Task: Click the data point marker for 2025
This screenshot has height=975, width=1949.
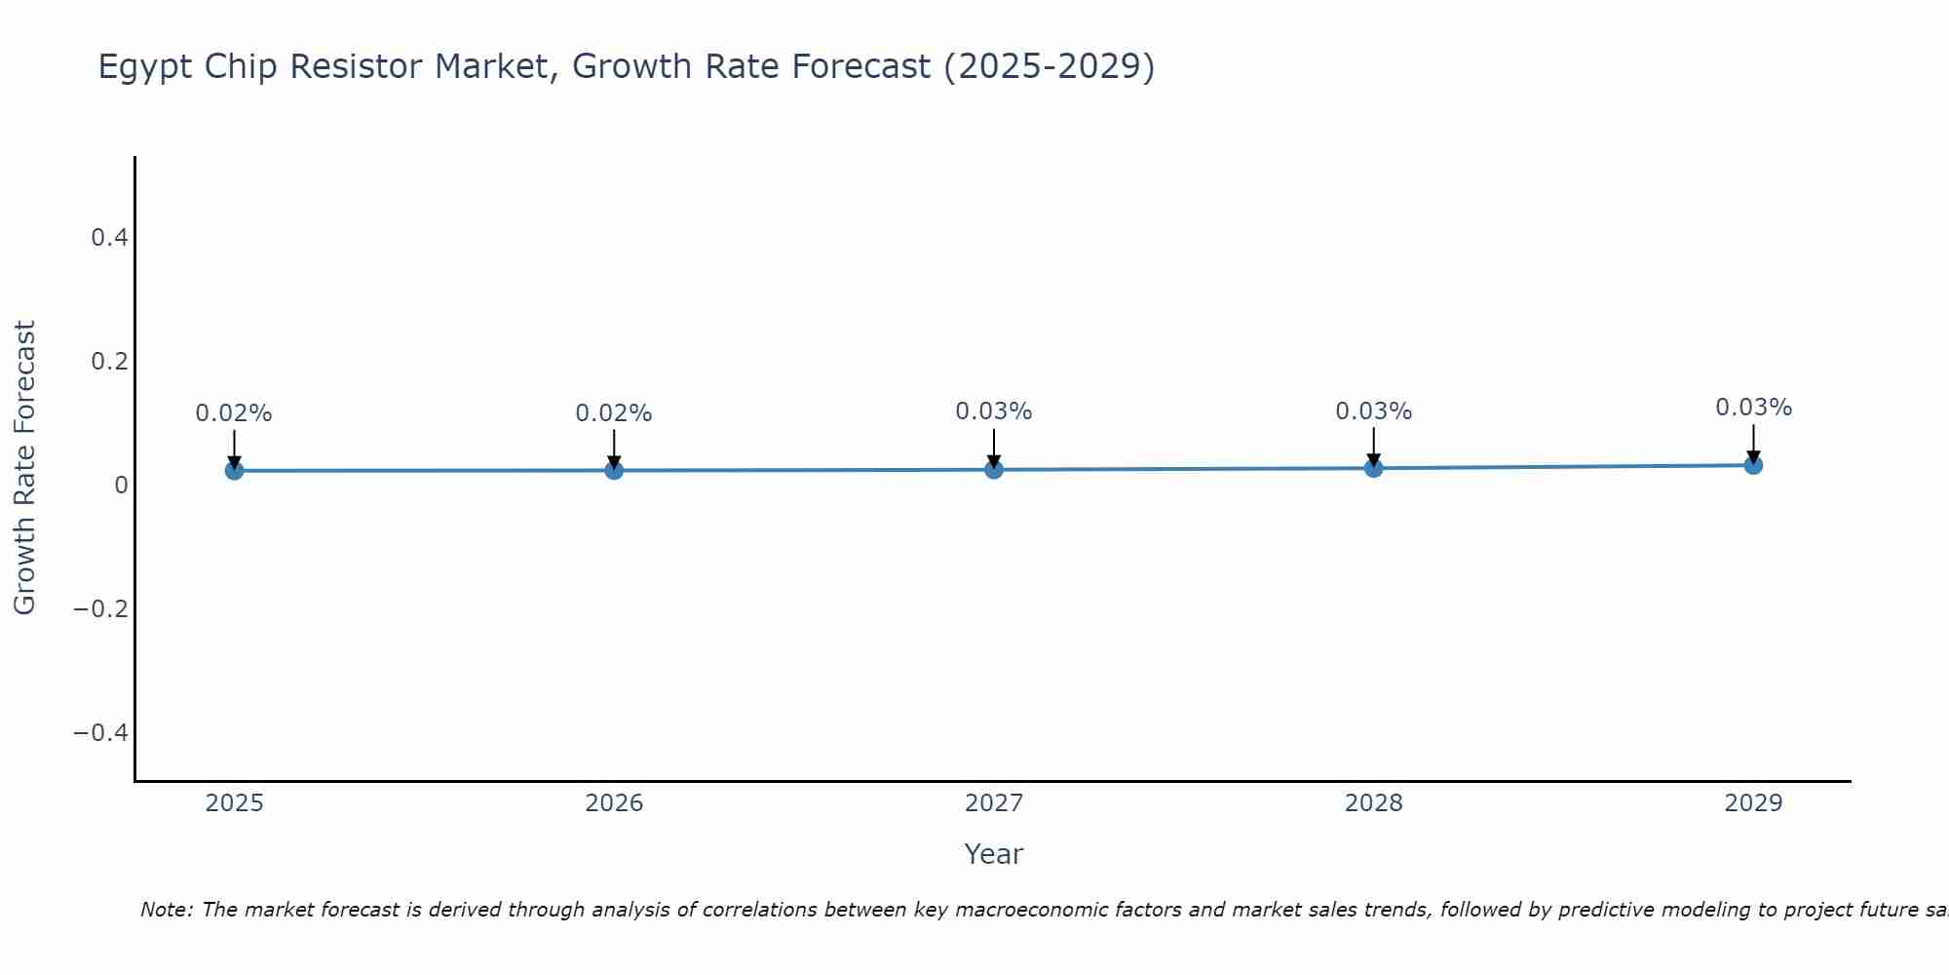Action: click(234, 471)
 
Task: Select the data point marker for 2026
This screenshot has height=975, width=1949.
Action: click(614, 470)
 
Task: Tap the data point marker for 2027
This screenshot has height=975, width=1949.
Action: click(994, 469)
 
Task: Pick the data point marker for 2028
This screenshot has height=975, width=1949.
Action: click(1373, 468)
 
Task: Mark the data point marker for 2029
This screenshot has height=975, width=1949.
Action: click(1753, 465)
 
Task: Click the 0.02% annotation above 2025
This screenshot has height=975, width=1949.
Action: click(234, 413)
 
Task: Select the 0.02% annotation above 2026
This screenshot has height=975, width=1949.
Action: click(614, 413)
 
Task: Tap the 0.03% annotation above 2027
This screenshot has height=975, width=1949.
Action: click(994, 411)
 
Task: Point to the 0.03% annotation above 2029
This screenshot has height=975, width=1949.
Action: click(1753, 408)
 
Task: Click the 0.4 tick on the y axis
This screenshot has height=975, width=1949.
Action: click(108, 238)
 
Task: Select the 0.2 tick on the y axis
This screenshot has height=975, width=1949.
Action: click(108, 362)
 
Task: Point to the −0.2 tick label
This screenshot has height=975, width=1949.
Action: click(100, 609)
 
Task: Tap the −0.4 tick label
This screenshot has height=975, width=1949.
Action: click(100, 733)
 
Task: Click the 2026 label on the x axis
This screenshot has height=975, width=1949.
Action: click(614, 803)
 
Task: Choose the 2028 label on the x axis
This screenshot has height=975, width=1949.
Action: click(1373, 803)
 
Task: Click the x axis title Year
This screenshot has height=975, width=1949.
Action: click(993, 855)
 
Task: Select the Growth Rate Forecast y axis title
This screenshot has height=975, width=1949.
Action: click(25, 468)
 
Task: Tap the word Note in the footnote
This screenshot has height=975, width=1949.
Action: click(167, 911)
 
